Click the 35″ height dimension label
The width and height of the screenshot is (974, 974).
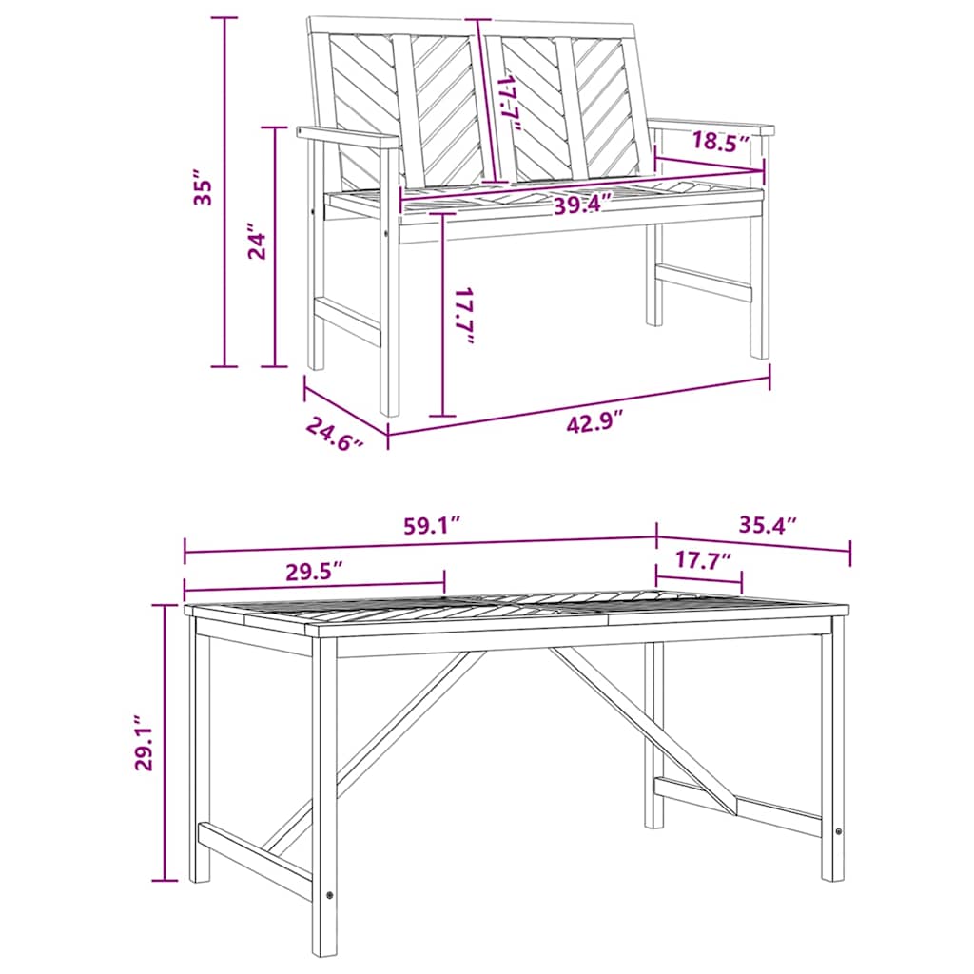(200, 190)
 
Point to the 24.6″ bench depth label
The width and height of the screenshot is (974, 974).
(335, 435)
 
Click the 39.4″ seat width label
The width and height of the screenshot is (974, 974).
(582, 205)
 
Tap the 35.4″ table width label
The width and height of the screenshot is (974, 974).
(767, 524)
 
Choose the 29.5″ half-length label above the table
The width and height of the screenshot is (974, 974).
(313, 571)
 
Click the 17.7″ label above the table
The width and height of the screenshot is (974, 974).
(703, 560)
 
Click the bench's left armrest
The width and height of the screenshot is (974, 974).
(347, 137)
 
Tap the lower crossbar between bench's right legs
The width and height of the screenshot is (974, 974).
(704, 281)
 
